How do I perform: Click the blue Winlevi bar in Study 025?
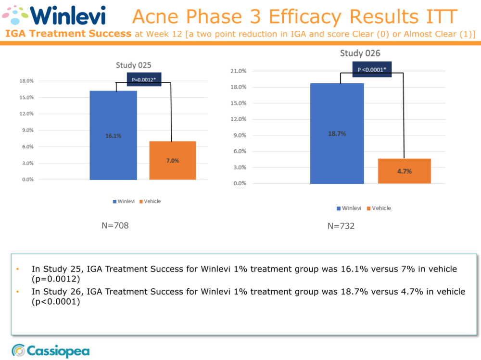coord(113,135)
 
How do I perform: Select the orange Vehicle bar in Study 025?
coord(173,160)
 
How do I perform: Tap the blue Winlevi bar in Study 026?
coord(337,133)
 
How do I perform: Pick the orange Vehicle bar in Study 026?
coord(404,171)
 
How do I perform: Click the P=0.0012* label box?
coord(144,79)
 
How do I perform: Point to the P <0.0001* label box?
coord(372,70)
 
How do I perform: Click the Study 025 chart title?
coord(134,65)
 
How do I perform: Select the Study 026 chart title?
coord(360,53)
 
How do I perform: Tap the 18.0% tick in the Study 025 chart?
coord(26,81)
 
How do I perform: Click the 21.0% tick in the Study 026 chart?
coord(240,71)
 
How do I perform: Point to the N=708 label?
coord(115,225)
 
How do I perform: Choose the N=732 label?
coord(341,226)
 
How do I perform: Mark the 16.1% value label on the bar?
coord(114,136)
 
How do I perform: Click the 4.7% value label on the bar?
coord(405,171)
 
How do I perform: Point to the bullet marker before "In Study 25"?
coord(18,269)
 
